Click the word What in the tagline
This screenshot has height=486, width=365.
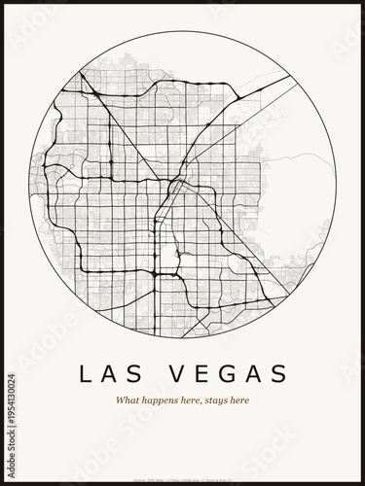(x=128, y=400)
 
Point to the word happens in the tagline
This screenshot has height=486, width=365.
(x=160, y=400)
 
